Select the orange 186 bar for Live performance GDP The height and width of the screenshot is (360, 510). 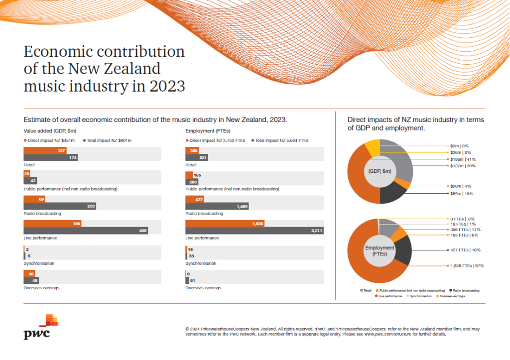[x=52, y=224]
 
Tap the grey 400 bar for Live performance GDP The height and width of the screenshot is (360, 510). [x=86, y=231]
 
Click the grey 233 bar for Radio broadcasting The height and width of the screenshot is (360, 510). [x=60, y=206]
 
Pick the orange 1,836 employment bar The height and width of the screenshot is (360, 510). [x=225, y=224]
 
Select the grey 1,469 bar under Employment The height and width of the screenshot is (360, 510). [x=217, y=206]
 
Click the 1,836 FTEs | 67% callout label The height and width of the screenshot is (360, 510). [x=467, y=266]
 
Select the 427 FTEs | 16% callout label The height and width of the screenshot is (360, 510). [x=464, y=250]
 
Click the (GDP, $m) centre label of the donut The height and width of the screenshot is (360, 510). [x=380, y=171]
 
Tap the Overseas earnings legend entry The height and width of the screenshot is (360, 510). [x=451, y=296]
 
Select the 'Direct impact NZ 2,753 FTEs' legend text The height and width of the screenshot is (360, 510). [x=217, y=140]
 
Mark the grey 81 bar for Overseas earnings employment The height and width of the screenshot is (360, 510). [x=187, y=280]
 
